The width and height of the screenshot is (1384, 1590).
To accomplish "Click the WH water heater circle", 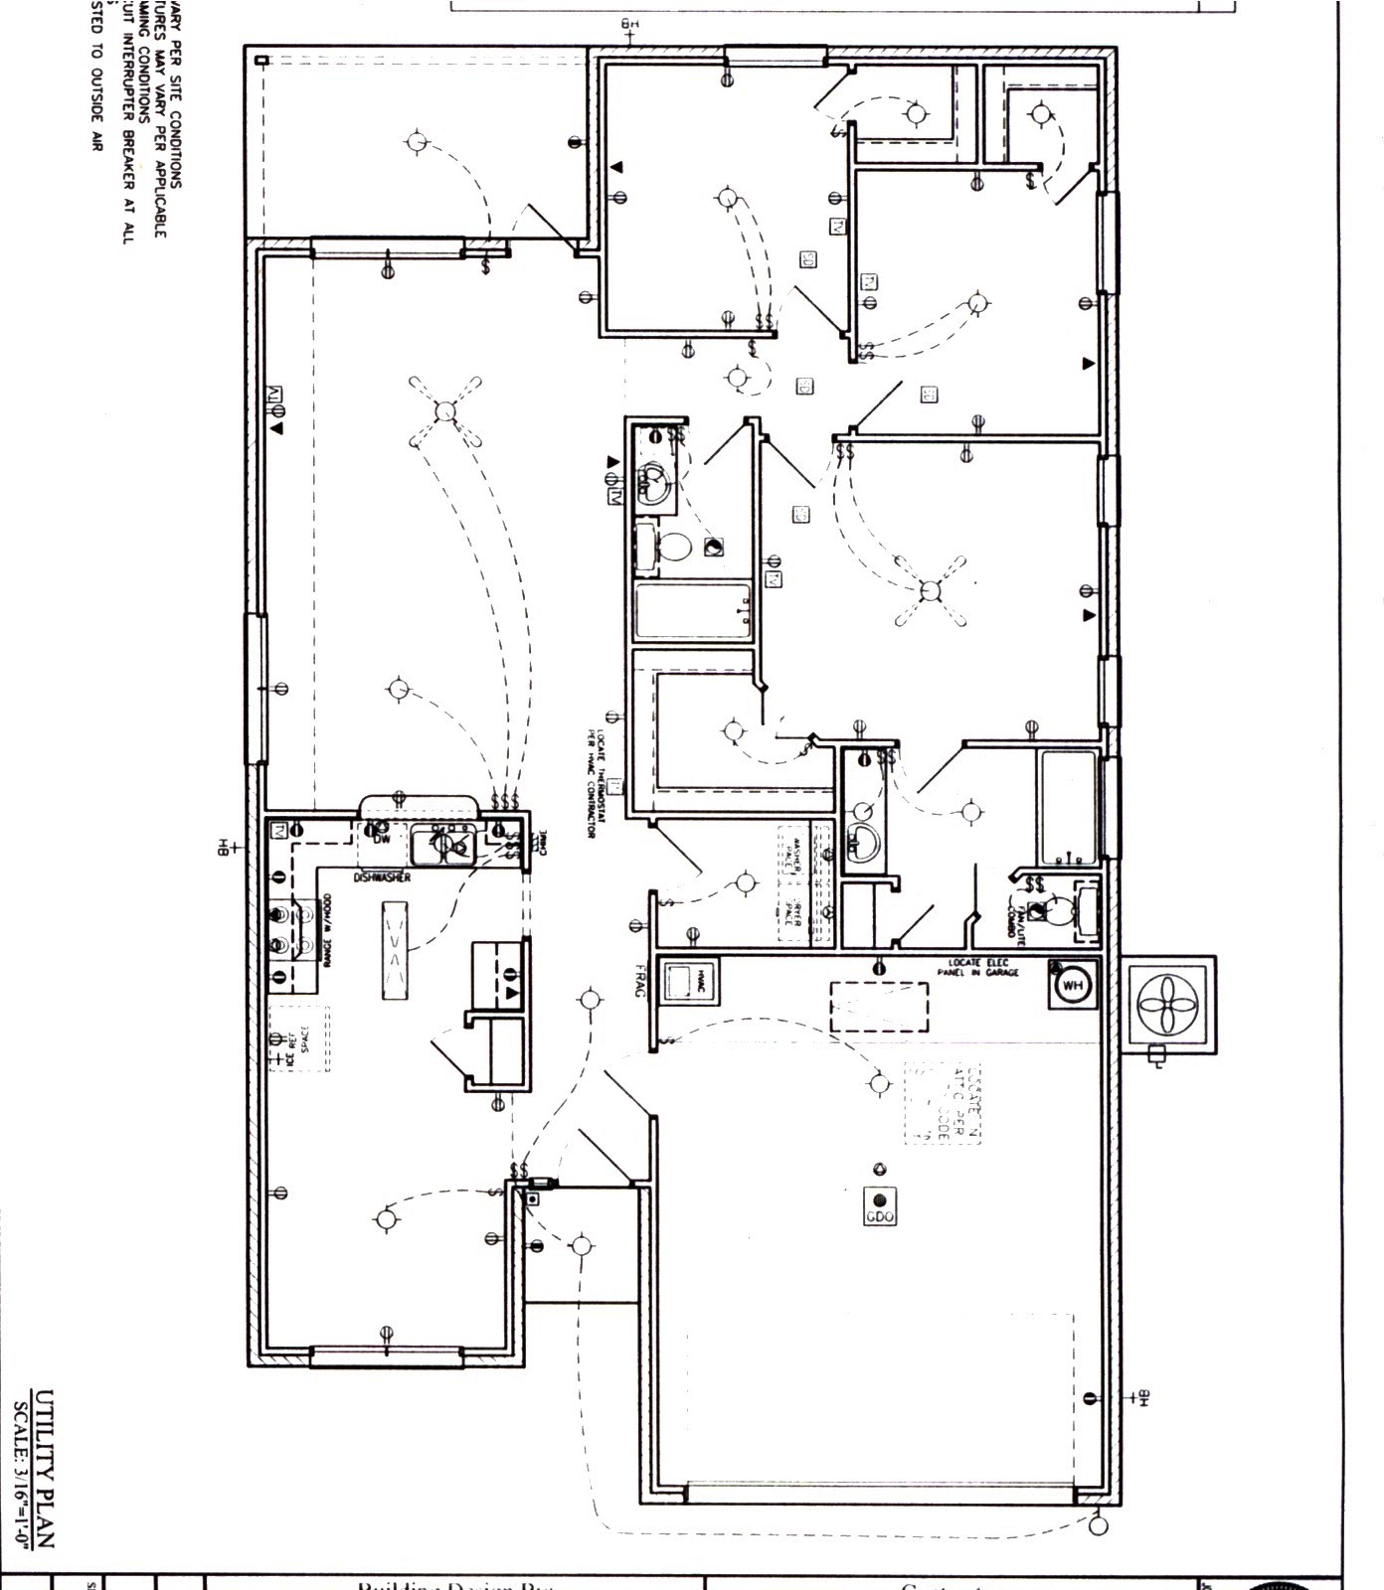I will [1073, 986].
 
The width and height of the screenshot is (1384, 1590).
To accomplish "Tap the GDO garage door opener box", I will [880, 1205].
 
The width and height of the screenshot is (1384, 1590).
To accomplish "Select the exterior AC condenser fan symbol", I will [1169, 1005].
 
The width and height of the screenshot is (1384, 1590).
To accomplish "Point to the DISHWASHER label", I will [383, 877].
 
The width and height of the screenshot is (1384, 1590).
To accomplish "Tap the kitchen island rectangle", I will [394, 951].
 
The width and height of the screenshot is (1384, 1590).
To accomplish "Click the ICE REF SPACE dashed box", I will [299, 1038].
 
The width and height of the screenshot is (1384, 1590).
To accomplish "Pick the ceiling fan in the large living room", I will [445, 411].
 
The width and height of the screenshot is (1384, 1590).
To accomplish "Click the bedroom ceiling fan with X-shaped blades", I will [931, 592].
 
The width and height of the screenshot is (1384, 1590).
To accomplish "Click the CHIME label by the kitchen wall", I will [542, 843].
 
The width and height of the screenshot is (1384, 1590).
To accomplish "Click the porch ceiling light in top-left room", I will [417, 142].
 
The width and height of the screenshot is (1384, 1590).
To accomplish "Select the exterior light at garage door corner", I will [1098, 1521].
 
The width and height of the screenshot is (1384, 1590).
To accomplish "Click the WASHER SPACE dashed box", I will [792, 854].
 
